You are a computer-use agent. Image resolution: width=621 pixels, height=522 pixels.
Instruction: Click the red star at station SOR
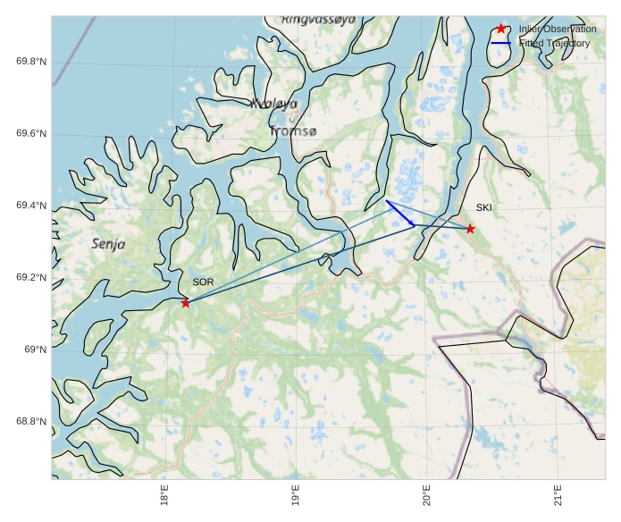point(185,303)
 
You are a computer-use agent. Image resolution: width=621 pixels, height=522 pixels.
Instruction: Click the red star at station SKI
point(470,229)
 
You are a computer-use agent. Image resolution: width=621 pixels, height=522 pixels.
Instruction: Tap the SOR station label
point(204,282)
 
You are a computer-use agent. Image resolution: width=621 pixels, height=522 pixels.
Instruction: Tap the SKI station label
point(483,208)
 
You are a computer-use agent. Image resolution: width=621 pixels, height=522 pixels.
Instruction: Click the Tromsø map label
point(292,131)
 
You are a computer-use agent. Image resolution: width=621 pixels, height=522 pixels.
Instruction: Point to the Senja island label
point(109,243)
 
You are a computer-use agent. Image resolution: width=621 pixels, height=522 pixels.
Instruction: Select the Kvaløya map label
point(274,105)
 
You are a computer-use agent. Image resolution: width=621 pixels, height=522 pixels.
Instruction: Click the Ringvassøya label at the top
point(318,19)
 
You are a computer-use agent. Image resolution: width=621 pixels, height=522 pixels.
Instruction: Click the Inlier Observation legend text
point(557,29)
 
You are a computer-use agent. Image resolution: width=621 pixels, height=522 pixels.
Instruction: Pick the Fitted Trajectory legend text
point(554,43)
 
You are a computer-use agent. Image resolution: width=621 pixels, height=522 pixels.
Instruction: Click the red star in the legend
point(501,29)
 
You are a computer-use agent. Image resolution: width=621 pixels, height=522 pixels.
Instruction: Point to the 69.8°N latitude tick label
point(31,62)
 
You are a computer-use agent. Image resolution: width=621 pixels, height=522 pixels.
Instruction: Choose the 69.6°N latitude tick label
point(31,134)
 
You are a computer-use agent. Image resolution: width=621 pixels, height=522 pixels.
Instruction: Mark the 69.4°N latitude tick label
point(31,206)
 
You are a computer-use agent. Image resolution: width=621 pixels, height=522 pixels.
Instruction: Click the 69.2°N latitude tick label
point(31,278)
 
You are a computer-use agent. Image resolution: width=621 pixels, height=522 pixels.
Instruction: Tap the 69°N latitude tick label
point(35,349)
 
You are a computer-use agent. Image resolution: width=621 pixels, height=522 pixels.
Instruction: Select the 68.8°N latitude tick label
point(31,422)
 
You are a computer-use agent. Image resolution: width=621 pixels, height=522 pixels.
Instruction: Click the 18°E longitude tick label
point(164,493)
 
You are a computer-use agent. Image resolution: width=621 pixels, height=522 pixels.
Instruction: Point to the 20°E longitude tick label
point(427,493)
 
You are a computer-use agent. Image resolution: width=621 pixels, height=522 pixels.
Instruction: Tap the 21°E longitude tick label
point(558,493)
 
